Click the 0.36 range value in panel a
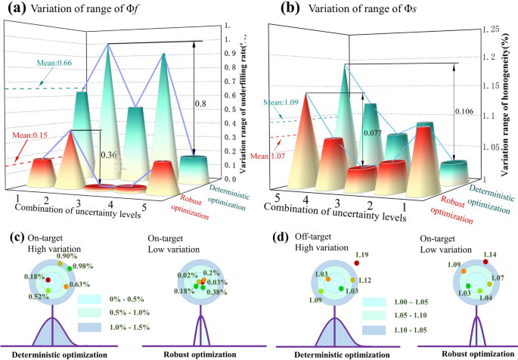[111, 157]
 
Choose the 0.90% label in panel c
[65, 256]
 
